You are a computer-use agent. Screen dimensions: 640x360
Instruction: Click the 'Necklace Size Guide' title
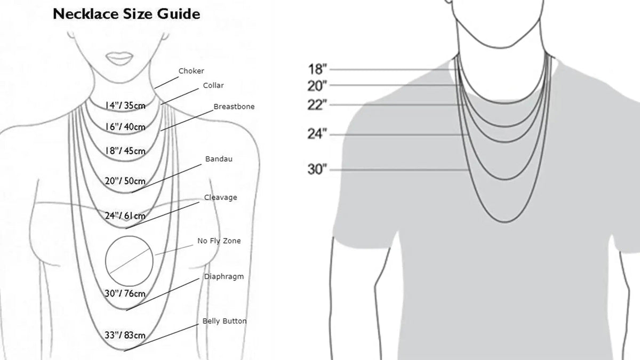pos(126,14)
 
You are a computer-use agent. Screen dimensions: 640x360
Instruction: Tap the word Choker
pos(191,71)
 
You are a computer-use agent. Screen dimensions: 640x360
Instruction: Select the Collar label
pos(213,85)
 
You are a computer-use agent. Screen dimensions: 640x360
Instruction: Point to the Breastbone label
pos(234,107)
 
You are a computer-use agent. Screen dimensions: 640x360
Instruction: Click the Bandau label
pos(219,159)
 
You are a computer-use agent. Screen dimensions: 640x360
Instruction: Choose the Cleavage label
pos(221,197)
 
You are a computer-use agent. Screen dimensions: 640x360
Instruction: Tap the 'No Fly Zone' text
pos(219,241)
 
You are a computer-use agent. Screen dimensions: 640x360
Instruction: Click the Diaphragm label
pos(224,277)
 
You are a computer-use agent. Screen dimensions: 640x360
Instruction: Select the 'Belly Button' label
pos(225,321)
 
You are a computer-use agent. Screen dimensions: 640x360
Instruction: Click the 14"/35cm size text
pos(125,106)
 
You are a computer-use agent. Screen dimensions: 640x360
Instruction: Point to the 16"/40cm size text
pos(125,127)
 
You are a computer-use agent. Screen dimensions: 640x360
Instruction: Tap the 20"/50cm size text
pos(125,181)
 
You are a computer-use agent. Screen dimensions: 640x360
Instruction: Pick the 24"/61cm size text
pos(125,215)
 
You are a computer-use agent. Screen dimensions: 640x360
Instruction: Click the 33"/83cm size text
pos(125,335)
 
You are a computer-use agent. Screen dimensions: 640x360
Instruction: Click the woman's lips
pos(119,58)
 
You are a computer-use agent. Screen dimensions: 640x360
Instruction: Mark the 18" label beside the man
pos(317,69)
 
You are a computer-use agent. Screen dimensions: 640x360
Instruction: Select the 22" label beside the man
pos(317,105)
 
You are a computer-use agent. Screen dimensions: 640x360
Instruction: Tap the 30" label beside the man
pos(317,169)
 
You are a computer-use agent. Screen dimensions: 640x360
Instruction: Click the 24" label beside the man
pos(317,134)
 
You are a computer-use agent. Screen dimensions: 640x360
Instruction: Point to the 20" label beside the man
pos(317,86)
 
